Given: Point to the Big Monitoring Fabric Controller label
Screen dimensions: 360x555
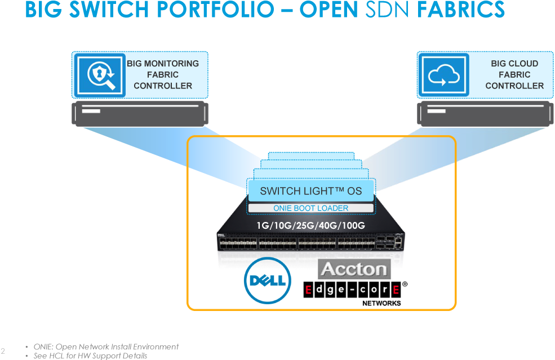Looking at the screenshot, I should [x=163, y=74].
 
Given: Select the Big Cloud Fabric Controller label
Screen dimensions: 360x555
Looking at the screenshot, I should [x=514, y=74].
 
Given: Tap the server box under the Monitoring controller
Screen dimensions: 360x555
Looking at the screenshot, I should [x=139, y=114].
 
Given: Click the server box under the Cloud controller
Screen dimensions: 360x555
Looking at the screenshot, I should [x=484, y=114].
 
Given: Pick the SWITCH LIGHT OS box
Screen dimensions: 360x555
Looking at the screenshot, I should [x=311, y=191].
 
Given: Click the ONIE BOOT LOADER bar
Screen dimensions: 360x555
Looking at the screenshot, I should [x=311, y=208].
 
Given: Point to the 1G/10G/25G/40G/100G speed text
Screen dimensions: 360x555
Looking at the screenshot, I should [x=311, y=225].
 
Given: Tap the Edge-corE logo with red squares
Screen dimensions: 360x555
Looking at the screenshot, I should [x=352, y=290].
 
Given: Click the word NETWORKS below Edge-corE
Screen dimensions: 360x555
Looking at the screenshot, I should [x=381, y=303].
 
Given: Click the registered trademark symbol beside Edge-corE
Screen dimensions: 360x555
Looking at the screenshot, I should [x=405, y=285].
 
